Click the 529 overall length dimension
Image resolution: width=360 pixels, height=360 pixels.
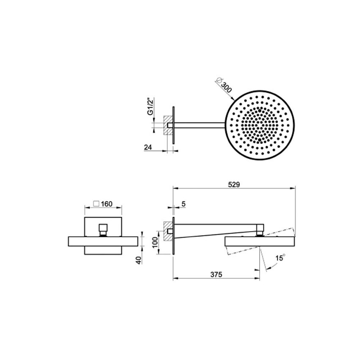coord(234,184)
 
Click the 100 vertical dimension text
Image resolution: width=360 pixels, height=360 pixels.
coord(155,242)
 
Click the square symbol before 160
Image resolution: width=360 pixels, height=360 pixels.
coord(96,204)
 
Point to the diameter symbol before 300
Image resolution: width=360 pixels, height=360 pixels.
coord(218,80)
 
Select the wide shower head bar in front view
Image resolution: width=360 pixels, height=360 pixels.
coord(103,241)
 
